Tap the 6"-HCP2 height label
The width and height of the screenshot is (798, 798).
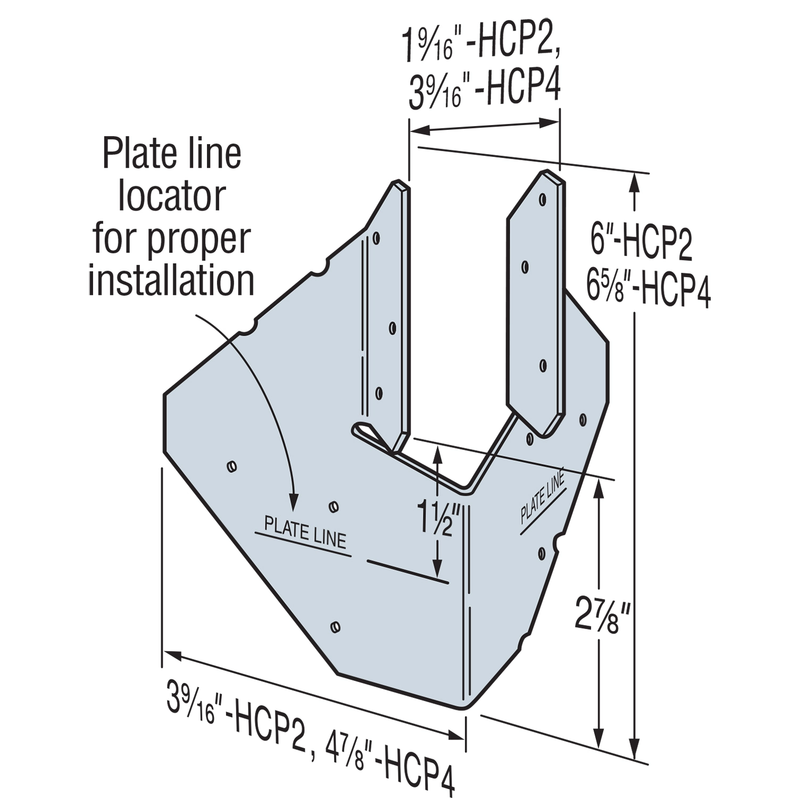coord(642,243)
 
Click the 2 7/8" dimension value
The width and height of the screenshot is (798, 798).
coord(603,615)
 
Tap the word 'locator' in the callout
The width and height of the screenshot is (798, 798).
coord(171,196)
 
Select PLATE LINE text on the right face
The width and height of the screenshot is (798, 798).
coord(542,499)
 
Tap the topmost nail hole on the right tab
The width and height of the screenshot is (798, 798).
coord(542,199)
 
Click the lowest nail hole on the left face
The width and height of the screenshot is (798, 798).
coord(335,627)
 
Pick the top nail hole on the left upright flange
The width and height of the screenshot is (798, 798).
coord(377,238)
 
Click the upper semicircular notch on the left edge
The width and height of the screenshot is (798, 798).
coord(319,269)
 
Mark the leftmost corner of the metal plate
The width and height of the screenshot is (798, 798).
coord(164,395)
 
